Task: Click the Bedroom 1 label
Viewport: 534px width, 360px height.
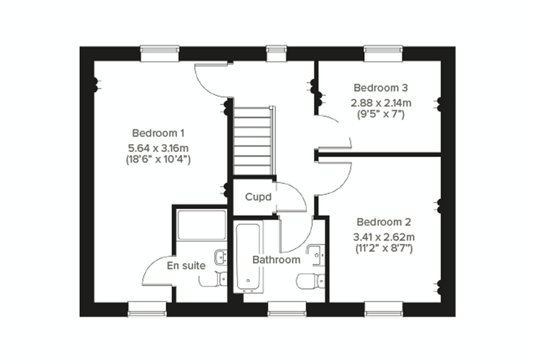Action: (158, 133)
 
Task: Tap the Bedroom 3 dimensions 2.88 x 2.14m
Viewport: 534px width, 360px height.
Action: (381, 103)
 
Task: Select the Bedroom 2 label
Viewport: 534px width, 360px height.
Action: (384, 222)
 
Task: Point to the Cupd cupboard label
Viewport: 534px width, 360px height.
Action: (258, 197)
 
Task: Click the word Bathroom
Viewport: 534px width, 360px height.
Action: (276, 259)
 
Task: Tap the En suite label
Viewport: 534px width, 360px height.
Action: (186, 266)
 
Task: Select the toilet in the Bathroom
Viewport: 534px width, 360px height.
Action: (311, 281)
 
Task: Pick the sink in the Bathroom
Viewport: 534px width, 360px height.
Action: (316, 254)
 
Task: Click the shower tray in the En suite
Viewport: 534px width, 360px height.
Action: (202, 225)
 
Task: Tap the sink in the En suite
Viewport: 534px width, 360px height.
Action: (221, 257)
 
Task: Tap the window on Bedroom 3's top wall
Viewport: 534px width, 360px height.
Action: (383, 54)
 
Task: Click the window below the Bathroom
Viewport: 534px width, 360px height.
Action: (287, 309)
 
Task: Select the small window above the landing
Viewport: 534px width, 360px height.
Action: (277, 54)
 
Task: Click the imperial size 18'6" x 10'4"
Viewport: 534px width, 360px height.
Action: (158, 160)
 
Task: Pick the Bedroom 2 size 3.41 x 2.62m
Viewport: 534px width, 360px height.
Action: (384, 236)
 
